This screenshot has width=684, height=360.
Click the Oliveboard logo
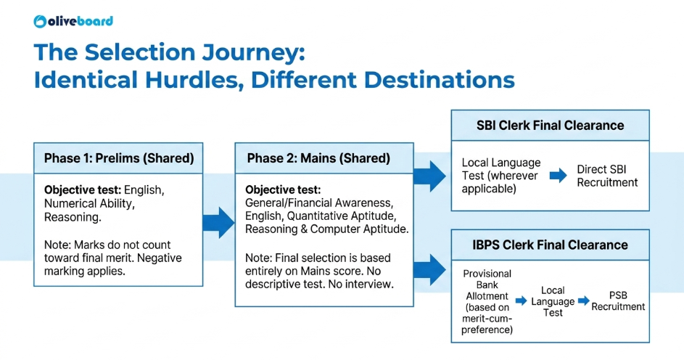pyautogui.click(x=73, y=21)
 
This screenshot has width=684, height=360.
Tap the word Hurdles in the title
pyautogui.click(x=194, y=80)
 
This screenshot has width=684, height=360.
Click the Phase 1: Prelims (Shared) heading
pyautogui.click(x=119, y=158)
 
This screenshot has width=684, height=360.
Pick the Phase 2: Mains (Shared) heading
pyautogui.click(x=318, y=158)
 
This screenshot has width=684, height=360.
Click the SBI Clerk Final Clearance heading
pyautogui.click(x=550, y=126)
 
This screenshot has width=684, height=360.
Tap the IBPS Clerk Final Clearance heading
pyautogui.click(x=550, y=245)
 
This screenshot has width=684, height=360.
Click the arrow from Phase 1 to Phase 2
pyautogui.click(x=219, y=223)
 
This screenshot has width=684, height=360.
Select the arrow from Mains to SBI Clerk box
pyautogui.click(x=430, y=176)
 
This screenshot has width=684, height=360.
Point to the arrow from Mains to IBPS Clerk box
pyautogui.click(x=430, y=270)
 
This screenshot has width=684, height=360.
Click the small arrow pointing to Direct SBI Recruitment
pyautogui.click(x=559, y=176)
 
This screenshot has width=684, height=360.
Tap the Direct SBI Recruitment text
pyautogui.click(x=607, y=176)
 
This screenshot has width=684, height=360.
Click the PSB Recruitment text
pyautogui.click(x=618, y=301)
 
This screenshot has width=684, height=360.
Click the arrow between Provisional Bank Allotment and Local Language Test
pyautogui.click(x=521, y=300)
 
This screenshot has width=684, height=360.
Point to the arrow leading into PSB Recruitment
pyautogui.click(x=584, y=300)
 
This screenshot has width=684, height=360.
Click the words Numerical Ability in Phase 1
pyautogui.click(x=89, y=203)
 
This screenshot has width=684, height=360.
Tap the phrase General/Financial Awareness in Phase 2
pyautogui.click(x=319, y=203)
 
